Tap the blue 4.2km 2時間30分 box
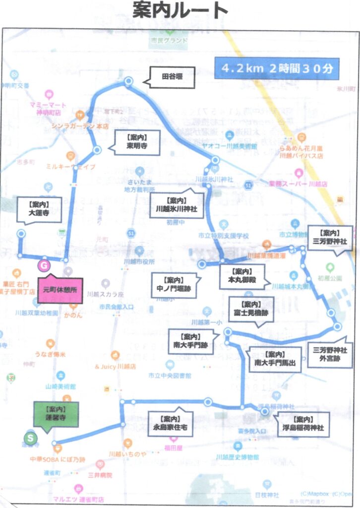tap(276, 69)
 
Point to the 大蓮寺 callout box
tap(40, 210)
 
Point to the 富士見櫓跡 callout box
tap(251, 309)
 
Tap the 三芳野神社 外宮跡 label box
tap(329, 354)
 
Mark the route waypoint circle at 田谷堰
tap(129, 81)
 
